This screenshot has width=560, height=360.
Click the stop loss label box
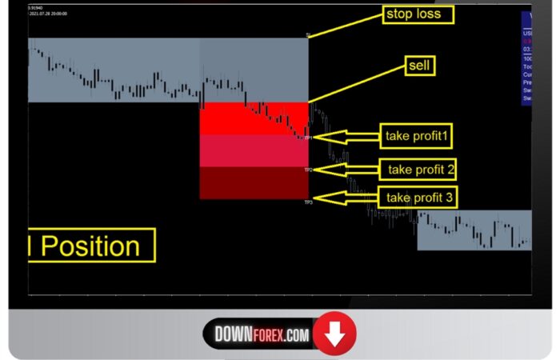[418, 14]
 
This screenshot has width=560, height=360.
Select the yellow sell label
[419, 66]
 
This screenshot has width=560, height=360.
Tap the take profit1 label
[417, 136]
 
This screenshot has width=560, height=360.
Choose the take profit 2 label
[421, 169]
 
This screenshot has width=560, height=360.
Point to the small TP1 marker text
[308, 138]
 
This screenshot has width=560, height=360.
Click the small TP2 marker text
[308, 170]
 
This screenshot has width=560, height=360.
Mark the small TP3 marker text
[308, 202]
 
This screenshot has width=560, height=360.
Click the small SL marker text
[308, 35]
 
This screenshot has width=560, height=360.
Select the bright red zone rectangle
[254, 118]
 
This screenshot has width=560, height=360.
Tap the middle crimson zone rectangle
[254, 150]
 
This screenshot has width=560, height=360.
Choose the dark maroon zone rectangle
[254, 182]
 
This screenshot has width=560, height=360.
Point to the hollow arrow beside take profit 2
[346, 169]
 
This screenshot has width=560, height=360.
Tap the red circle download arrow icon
[334, 335]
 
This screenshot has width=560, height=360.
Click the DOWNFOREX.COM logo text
[262, 335]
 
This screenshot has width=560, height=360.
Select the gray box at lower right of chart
[474, 230]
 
